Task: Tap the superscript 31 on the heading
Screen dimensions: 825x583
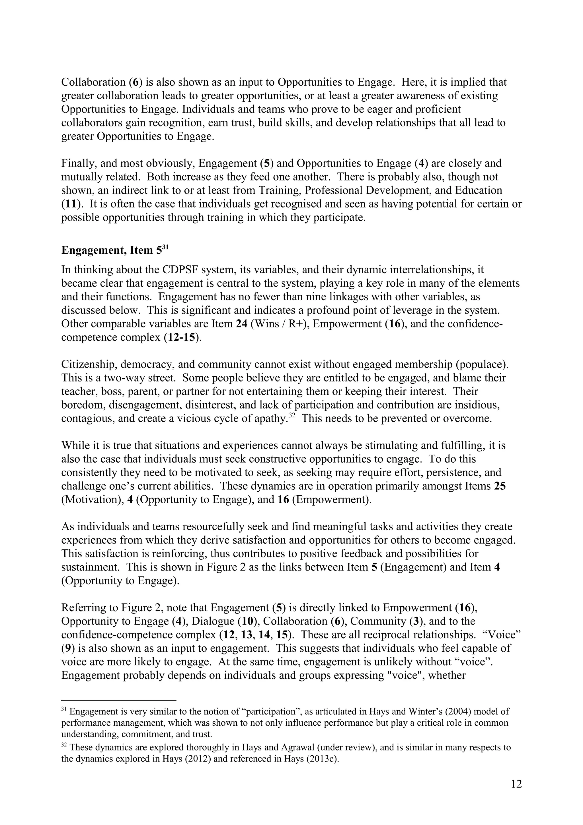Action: click(x=165, y=247)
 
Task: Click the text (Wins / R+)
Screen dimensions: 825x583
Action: click(x=278, y=324)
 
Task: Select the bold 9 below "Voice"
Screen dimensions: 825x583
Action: click(x=67, y=648)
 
